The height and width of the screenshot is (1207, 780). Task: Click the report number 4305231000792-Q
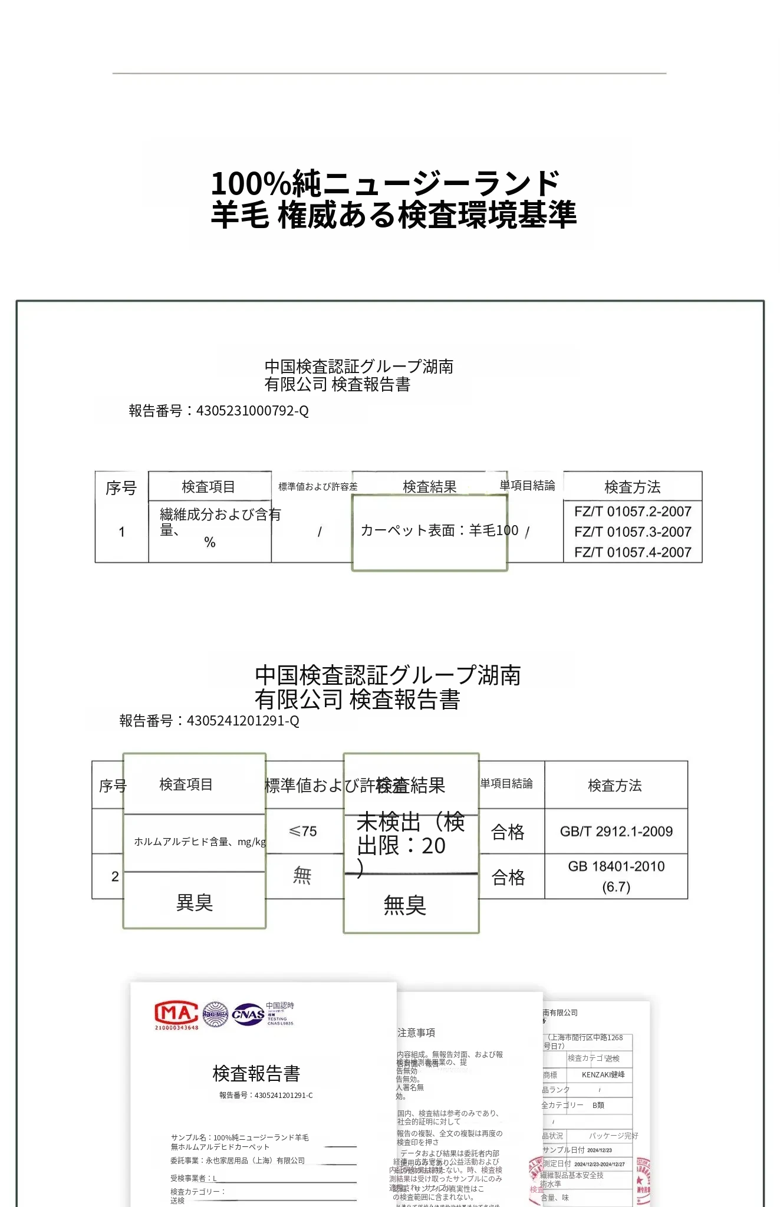pyautogui.click(x=252, y=411)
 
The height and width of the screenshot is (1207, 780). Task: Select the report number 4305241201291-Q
pyautogui.click(x=242, y=721)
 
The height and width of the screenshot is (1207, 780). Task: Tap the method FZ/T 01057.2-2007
pyautogui.click(x=633, y=512)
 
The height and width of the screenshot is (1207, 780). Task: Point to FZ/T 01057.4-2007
pyautogui.click(x=633, y=552)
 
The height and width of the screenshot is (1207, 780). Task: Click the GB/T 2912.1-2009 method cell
pyautogui.click(x=616, y=832)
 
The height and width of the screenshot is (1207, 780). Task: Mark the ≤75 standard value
pyautogui.click(x=303, y=832)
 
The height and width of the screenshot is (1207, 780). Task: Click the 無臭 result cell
pyautogui.click(x=405, y=905)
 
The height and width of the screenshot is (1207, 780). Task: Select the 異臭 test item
pyautogui.click(x=195, y=902)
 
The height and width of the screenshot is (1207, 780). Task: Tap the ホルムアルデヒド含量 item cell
pyautogui.click(x=199, y=842)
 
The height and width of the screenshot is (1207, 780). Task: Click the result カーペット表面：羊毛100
pyautogui.click(x=439, y=530)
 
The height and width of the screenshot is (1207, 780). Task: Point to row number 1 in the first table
pyautogui.click(x=121, y=532)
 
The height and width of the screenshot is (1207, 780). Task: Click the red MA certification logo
pyautogui.click(x=176, y=1014)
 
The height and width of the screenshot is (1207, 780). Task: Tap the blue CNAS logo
pyautogui.click(x=248, y=1014)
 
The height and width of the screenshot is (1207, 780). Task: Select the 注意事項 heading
pyautogui.click(x=416, y=1033)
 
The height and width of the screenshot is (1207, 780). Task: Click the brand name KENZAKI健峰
pyautogui.click(x=603, y=1074)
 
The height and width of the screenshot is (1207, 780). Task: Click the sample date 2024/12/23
pyautogui.click(x=600, y=1150)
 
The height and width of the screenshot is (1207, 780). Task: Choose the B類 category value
pyautogui.click(x=598, y=1105)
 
